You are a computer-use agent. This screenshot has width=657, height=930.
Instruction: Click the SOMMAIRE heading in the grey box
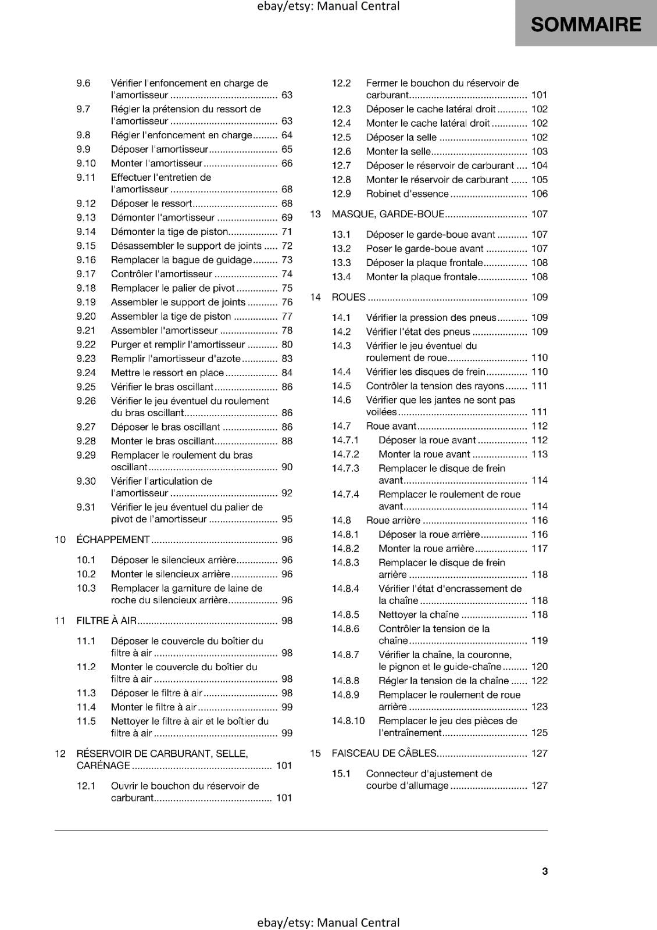(585, 24)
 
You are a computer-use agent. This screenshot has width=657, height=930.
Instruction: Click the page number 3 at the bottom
(545, 871)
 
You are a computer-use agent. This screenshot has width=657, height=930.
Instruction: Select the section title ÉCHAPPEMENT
(113, 539)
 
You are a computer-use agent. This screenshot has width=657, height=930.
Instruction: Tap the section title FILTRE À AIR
(106, 620)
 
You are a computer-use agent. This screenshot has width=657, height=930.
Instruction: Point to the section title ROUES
(348, 297)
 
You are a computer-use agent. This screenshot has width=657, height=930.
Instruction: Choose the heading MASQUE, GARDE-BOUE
(388, 214)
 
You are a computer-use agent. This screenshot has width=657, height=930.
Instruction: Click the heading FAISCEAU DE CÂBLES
(384, 753)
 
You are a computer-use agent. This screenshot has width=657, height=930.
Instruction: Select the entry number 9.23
(86, 359)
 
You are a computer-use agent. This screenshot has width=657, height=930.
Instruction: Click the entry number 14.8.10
(348, 721)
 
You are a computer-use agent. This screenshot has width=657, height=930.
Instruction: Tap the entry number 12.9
(341, 194)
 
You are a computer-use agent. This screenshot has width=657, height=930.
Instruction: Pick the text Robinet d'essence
(407, 194)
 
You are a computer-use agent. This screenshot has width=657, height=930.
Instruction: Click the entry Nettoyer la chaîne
(419, 614)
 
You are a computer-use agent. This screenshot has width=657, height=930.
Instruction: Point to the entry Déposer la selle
(401, 137)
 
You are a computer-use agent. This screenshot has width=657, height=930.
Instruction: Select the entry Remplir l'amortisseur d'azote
(176, 359)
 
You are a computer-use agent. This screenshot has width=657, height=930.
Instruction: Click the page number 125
(540, 732)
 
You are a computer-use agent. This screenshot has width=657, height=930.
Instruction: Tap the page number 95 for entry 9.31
(287, 519)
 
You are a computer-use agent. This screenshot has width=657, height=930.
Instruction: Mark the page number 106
(540, 194)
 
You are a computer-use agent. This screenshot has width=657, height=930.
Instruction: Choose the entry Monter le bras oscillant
(163, 441)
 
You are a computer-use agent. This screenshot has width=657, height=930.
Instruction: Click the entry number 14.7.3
(345, 468)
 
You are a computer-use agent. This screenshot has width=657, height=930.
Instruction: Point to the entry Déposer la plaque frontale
(424, 263)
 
